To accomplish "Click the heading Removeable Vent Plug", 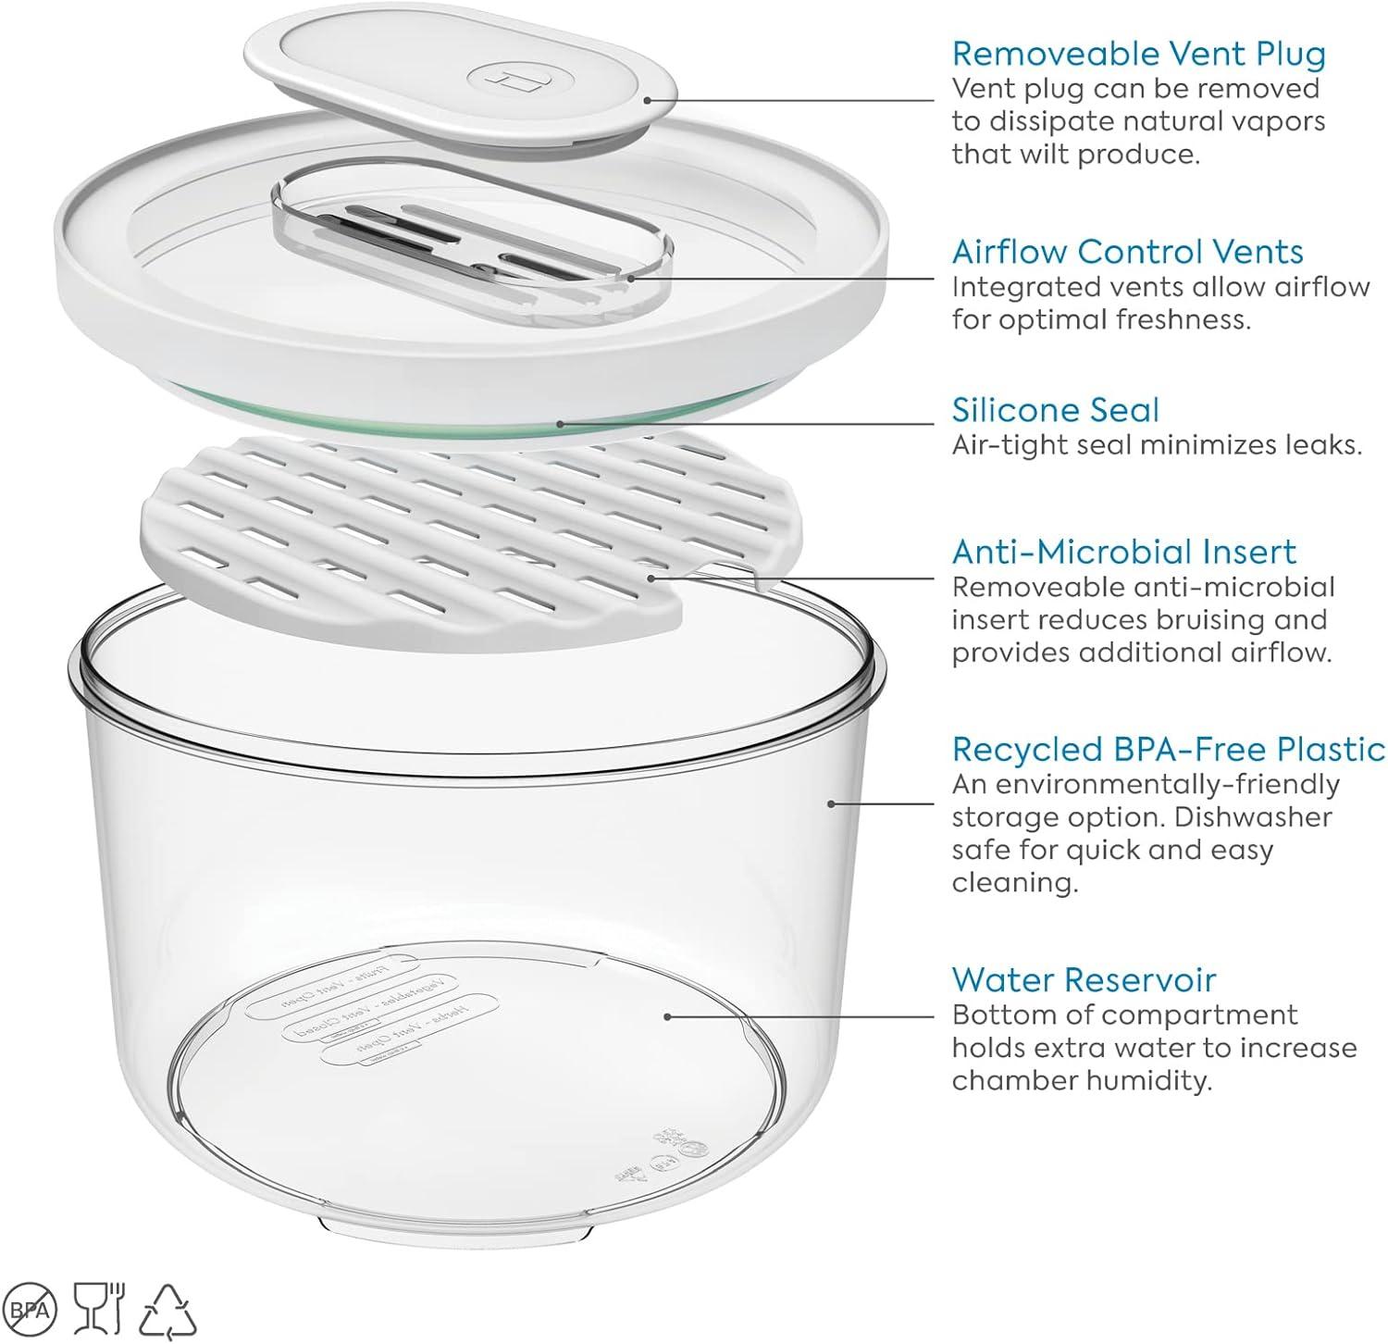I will click(1138, 54).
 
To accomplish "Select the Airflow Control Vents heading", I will click(1127, 252).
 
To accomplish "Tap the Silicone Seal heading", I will click(1055, 410).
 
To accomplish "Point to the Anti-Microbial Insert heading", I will click(1123, 552).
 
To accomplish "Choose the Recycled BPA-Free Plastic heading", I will click(1168, 749).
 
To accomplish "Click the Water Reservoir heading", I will click(1084, 979).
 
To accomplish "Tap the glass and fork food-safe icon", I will click(101, 1307).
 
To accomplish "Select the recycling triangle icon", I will click(167, 1309).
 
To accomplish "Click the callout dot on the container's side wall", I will click(831, 803).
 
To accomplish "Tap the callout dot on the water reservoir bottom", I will click(667, 1015).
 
